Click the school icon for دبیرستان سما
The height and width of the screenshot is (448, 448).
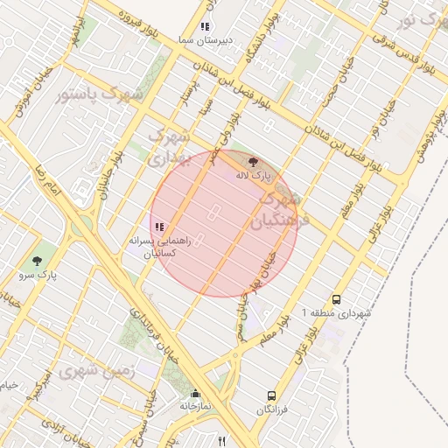tap(205, 27)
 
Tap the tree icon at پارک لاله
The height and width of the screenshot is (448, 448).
tap(254, 162)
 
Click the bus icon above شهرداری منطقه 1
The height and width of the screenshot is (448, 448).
tap(337, 298)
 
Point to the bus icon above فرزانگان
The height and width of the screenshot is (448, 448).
tap(271, 395)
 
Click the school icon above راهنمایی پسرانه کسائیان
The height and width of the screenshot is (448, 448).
tap(160, 227)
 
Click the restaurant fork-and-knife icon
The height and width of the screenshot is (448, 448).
tap(222, 441)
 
